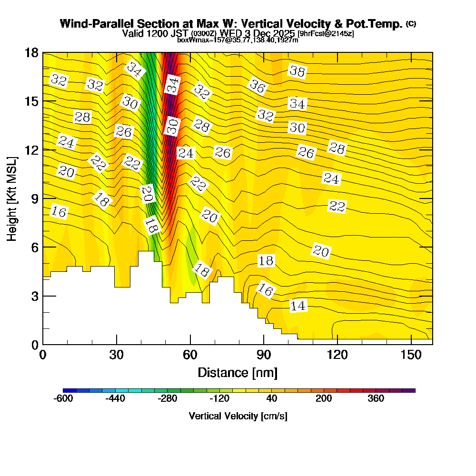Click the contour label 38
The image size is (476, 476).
[x=297, y=71]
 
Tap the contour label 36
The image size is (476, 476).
[x=258, y=86]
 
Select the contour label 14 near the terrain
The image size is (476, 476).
[x=298, y=306]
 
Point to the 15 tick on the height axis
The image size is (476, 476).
[x=43, y=101]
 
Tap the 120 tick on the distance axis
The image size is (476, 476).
[x=337, y=344]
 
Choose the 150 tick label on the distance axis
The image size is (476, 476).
[x=411, y=355]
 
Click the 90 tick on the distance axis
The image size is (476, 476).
[x=264, y=344]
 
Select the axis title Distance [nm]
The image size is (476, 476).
[x=238, y=372]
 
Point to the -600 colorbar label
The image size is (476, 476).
[x=63, y=399]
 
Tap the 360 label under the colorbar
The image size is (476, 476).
[x=376, y=399]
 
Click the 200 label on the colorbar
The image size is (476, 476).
[x=324, y=399]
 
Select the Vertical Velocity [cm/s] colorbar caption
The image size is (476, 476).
[x=238, y=416]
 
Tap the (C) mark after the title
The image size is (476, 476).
[x=411, y=23]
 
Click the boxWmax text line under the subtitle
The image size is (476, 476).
[x=238, y=40]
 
